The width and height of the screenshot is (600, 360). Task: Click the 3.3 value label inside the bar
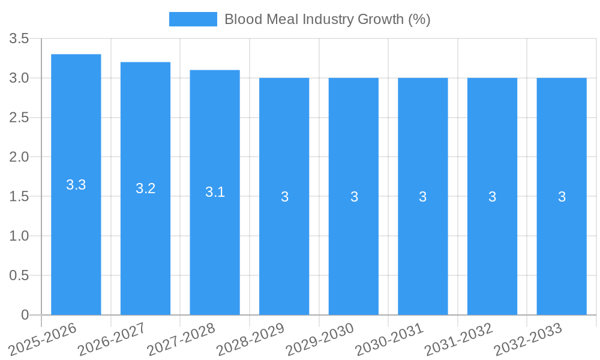click(76, 185)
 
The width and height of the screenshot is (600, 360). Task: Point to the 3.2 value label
click(145, 188)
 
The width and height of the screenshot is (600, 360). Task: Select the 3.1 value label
click(215, 192)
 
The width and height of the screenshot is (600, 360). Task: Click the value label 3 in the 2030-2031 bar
click(423, 197)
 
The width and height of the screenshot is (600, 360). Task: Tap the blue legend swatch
click(193, 19)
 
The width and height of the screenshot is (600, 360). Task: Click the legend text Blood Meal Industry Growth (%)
click(327, 19)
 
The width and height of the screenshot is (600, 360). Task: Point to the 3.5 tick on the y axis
click(19, 39)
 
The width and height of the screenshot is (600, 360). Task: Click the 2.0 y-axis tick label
click(19, 157)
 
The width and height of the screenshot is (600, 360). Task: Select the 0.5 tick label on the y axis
click(19, 275)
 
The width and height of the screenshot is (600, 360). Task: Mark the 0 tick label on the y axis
click(25, 315)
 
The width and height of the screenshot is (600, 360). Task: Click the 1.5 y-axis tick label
click(19, 197)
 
